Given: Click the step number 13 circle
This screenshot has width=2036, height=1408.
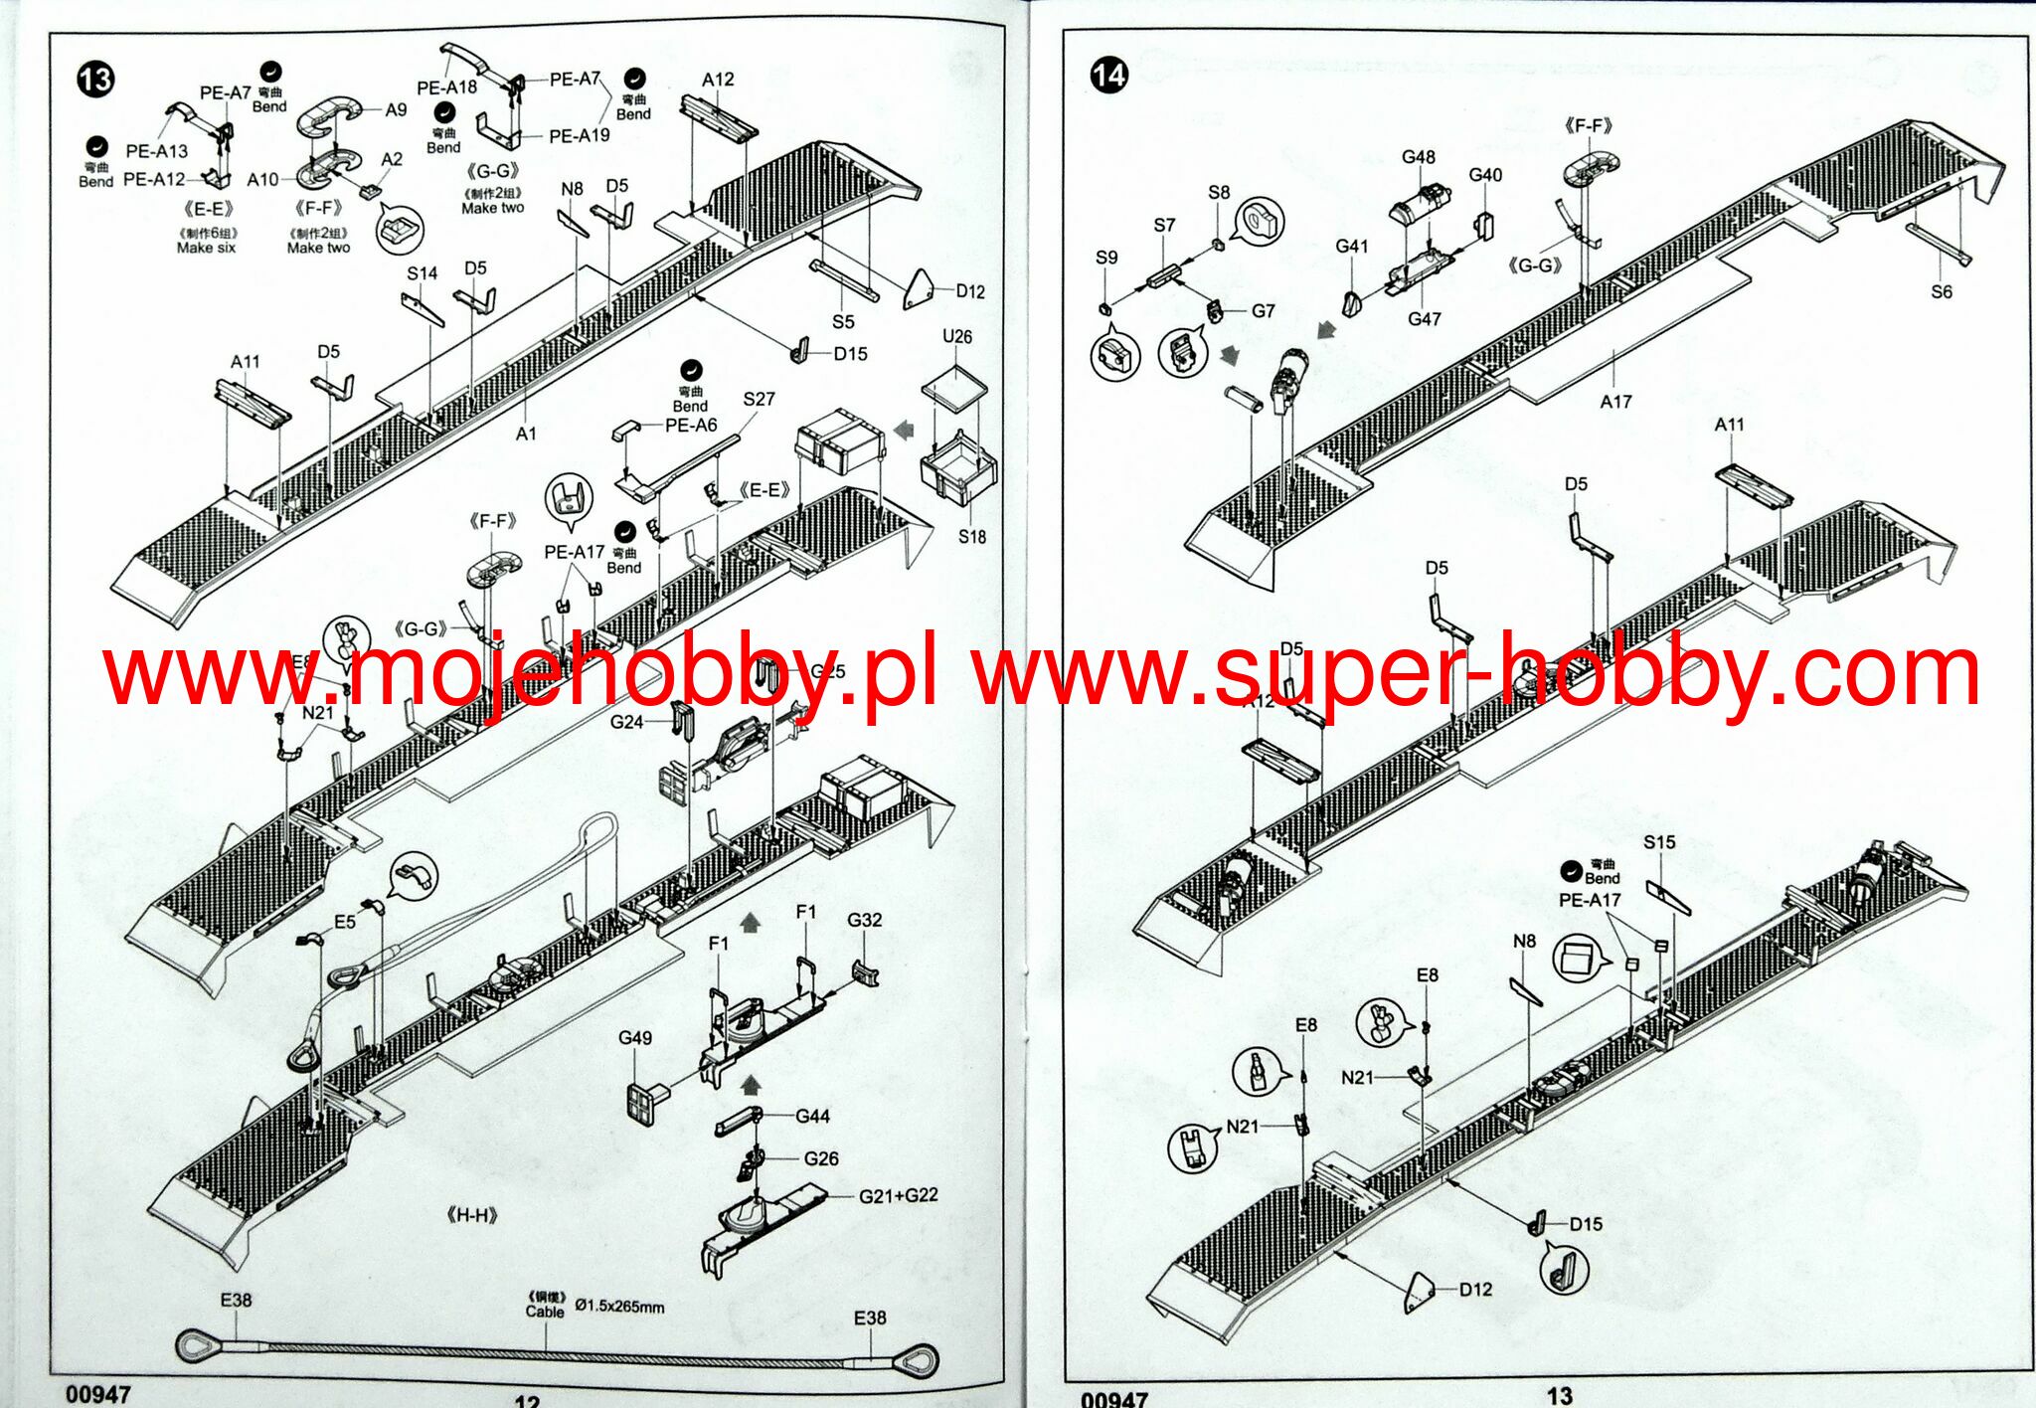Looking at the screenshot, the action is [x=96, y=79].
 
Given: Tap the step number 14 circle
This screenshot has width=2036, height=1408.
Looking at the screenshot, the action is [x=1108, y=75].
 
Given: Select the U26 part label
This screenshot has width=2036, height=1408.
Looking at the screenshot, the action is [x=956, y=337].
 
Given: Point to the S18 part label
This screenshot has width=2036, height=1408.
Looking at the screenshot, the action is [x=971, y=537].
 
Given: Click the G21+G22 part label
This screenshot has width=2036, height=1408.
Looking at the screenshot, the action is [x=898, y=1195].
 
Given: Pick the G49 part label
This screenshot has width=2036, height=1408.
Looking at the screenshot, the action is [x=635, y=1038].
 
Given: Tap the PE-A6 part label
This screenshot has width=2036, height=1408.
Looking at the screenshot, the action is [x=691, y=425].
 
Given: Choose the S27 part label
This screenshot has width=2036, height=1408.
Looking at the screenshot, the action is [x=759, y=399].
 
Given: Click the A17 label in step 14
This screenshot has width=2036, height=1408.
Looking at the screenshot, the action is [x=1615, y=402].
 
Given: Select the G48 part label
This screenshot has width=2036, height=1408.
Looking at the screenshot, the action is [x=1419, y=157].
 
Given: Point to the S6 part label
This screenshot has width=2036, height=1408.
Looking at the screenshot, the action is [x=1942, y=292].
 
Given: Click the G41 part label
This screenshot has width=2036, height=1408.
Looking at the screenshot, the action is [x=1352, y=246].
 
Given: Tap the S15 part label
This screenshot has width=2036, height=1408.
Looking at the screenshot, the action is [x=1659, y=842].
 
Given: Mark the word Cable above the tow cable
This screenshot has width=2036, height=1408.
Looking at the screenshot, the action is [x=545, y=1313].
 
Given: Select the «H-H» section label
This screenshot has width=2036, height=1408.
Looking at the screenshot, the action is [x=471, y=1215].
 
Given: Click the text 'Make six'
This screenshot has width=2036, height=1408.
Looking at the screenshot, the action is [x=206, y=248].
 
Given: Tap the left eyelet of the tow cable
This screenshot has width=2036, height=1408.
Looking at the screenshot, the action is [x=196, y=1346].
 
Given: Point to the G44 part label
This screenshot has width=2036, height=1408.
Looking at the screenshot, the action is [x=812, y=1117].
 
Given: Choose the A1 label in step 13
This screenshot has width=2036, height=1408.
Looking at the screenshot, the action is [x=526, y=434].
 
